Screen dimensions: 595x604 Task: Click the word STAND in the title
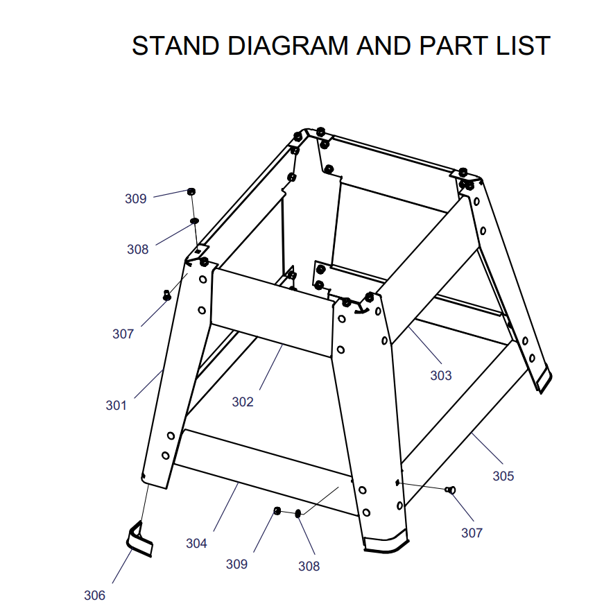[x=175, y=46]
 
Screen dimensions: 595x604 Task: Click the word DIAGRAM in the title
[x=288, y=46]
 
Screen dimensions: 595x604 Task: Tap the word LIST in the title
[x=523, y=46]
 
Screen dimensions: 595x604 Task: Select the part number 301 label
[x=116, y=405]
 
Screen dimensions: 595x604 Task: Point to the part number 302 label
[x=243, y=402]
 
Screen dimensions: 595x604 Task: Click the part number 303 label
[x=441, y=375]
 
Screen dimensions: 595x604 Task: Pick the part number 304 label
[x=196, y=544]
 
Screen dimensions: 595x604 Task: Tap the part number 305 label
[x=503, y=476]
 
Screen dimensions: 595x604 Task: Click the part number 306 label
[x=94, y=595]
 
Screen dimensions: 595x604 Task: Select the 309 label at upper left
[x=135, y=199]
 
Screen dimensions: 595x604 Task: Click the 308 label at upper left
[x=137, y=249]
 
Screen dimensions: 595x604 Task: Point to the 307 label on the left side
[x=123, y=334]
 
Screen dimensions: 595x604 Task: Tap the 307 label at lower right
[x=472, y=533]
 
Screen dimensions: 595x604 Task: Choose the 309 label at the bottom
[x=236, y=564]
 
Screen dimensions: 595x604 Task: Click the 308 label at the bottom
[x=309, y=567]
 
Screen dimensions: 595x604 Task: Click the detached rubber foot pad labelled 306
[x=139, y=540]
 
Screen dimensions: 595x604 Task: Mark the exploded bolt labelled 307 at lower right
[x=450, y=490]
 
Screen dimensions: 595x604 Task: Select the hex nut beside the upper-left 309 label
[x=191, y=191]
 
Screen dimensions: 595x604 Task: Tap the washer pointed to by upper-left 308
[x=194, y=221]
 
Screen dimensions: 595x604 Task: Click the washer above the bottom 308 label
[x=297, y=513]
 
